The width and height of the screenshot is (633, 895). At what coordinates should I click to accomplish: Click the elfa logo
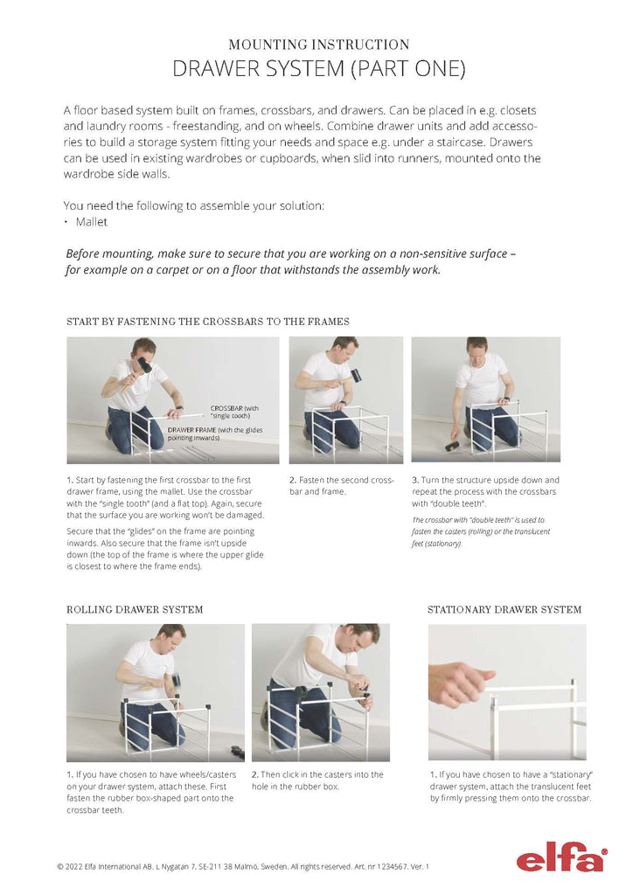point(560,859)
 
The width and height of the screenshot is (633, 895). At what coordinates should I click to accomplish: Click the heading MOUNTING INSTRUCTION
point(318,45)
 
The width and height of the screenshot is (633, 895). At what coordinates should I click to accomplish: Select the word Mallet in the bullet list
point(92,222)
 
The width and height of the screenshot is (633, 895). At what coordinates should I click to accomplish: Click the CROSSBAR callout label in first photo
point(234,411)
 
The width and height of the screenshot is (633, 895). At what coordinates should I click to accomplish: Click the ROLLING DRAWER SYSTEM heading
point(135,609)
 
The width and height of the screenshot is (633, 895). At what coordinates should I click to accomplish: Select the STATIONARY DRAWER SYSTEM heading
point(504,609)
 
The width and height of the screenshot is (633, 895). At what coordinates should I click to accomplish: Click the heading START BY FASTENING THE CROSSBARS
point(208,322)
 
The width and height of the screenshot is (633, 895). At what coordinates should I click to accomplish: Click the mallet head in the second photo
point(356,376)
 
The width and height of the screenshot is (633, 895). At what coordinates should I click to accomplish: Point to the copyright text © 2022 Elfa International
point(114,866)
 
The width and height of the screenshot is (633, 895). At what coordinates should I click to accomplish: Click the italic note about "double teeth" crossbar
point(480,531)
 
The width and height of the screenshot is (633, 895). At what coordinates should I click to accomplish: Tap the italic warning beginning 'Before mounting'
point(291,261)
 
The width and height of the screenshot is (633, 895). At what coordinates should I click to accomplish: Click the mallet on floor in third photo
point(453,446)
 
